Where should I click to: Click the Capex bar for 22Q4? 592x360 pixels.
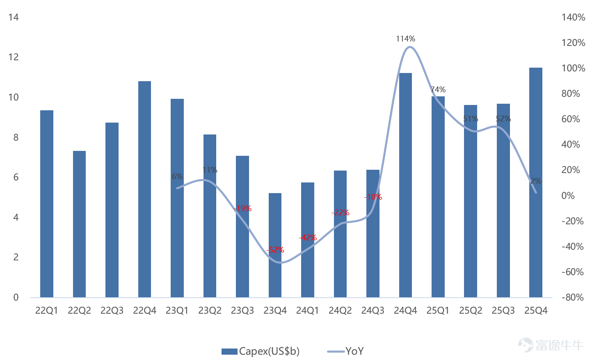point(144,189)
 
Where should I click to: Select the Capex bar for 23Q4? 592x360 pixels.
point(275,245)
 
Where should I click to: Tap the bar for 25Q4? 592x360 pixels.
point(536,182)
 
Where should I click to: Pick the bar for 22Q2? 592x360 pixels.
point(79,224)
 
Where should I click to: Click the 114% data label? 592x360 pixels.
point(405,39)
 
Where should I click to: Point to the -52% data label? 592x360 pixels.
point(275,250)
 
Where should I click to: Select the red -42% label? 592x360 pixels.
point(308,237)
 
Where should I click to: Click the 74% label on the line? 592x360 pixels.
point(438,89)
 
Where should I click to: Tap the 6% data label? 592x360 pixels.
point(177,176)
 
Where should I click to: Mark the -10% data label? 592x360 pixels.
point(373,197)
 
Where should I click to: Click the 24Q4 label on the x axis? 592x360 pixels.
point(405,310)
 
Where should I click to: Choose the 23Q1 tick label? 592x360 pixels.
point(177,310)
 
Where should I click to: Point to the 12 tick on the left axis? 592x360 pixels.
point(14,57)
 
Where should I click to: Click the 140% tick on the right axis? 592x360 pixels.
point(573,18)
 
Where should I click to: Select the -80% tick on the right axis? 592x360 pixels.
point(572,297)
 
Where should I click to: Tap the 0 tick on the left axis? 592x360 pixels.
point(16,297)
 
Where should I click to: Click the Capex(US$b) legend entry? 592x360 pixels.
point(261,351)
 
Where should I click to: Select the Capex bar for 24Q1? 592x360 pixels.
point(308,240)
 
